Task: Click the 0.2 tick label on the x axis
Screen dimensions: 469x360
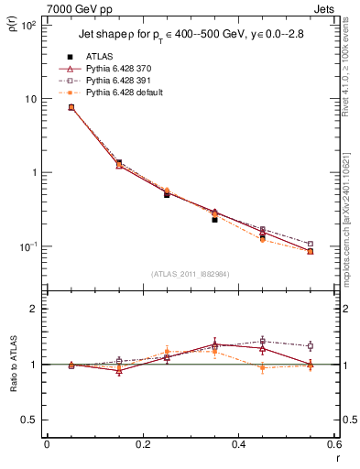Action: click(142, 444)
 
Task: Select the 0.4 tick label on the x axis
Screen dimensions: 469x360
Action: click(238, 444)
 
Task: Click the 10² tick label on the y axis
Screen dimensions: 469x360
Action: click(27, 25)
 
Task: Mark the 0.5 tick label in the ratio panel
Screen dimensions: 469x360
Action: click(29, 420)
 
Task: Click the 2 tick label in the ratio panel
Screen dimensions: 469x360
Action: click(35, 309)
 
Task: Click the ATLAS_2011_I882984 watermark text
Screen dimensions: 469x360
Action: click(190, 272)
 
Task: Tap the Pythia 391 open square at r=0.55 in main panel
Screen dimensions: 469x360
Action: click(310, 244)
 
